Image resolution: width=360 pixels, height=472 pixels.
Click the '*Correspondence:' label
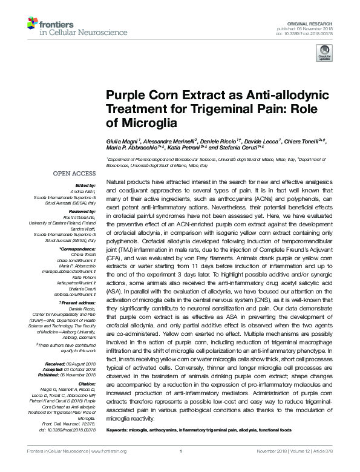pyautogui.click(x=79, y=249)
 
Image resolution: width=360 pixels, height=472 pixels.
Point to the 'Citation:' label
pyautogui.click(x=87, y=384)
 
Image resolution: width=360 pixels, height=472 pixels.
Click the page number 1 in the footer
pyautogui.click(x=180, y=468)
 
